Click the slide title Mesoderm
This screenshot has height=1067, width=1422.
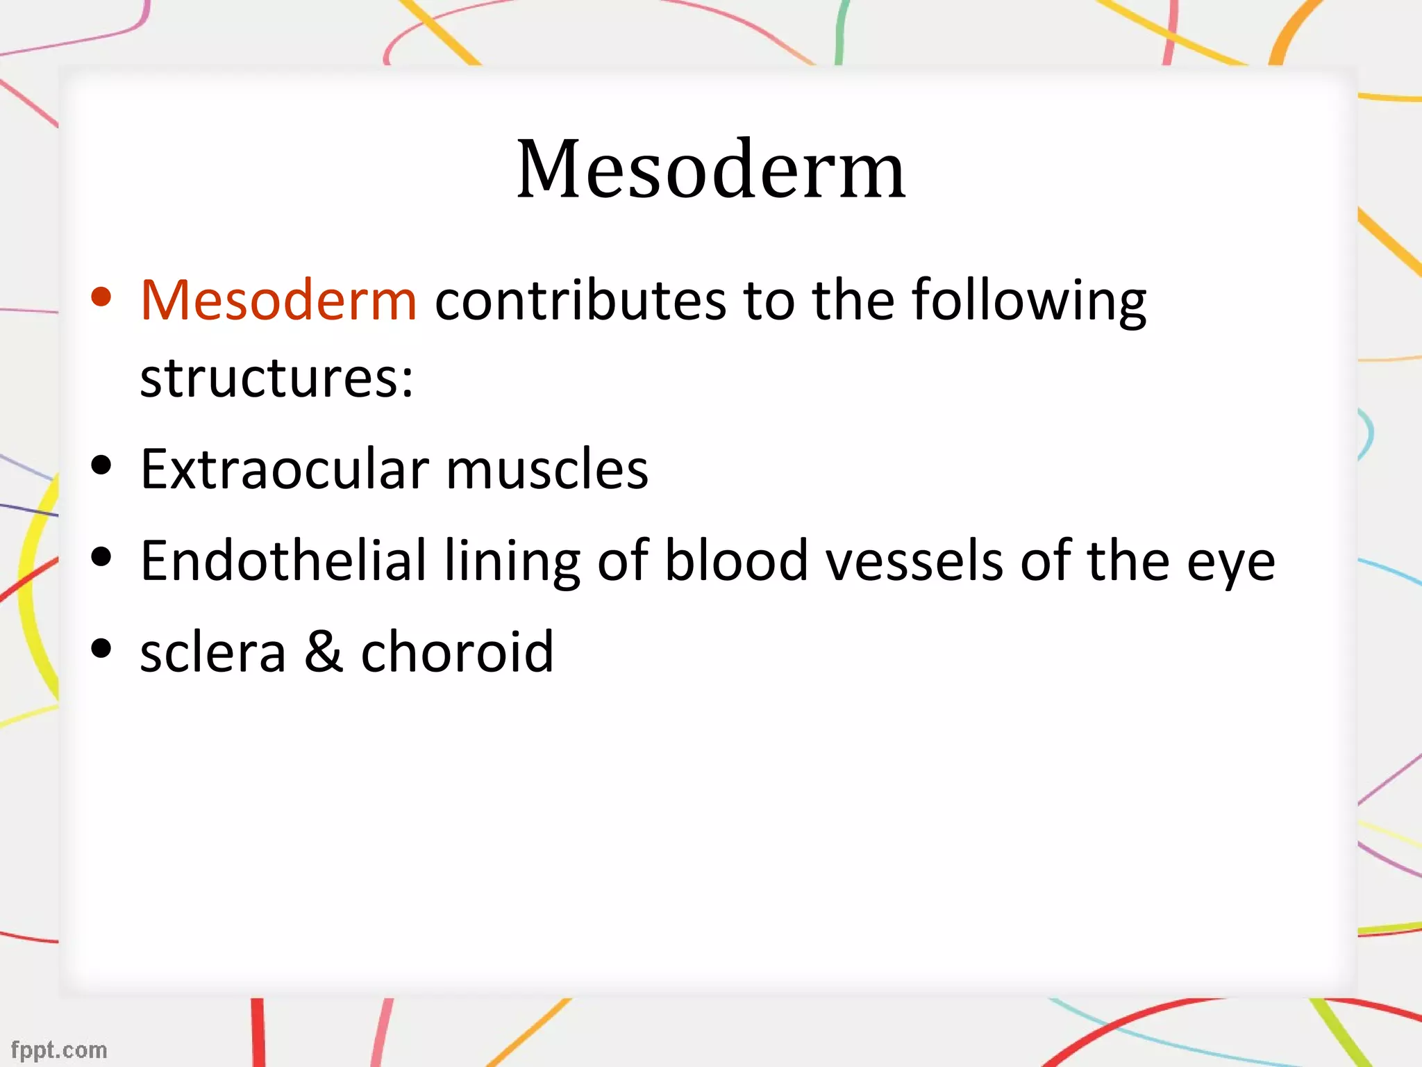coord(711,170)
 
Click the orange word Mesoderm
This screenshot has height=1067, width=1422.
coord(278,300)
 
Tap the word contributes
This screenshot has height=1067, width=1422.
coord(581,300)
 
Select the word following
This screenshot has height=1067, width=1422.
coord(1028,300)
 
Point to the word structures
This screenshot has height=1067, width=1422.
coord(276,378)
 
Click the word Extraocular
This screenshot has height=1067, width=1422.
coord(284,470)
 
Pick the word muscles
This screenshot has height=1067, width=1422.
coord(546,470)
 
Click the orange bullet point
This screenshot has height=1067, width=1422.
coord(101,297)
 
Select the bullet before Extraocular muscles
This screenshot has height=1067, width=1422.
coord(101,466)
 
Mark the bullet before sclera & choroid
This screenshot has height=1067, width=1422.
coord(101,648)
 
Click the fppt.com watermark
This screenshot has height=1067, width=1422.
coord(59,1050)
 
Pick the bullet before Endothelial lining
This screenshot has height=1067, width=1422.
coord(101,557)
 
